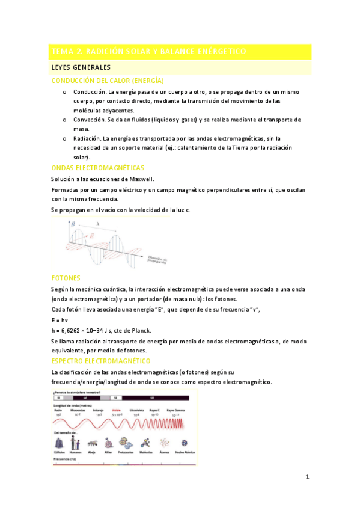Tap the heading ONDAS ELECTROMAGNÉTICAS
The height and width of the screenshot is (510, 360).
(x=98, y=168)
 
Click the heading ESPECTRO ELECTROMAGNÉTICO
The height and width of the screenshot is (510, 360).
(x=101, y=360)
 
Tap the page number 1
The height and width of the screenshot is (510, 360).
(x=307, y=477)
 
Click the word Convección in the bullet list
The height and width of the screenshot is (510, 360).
(x=90, y=120)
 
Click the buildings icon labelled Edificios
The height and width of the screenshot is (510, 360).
(x=59, y=442)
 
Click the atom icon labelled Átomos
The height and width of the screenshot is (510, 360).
(x=163, y=442)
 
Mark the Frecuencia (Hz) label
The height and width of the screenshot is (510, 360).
(x=66, y=459)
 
